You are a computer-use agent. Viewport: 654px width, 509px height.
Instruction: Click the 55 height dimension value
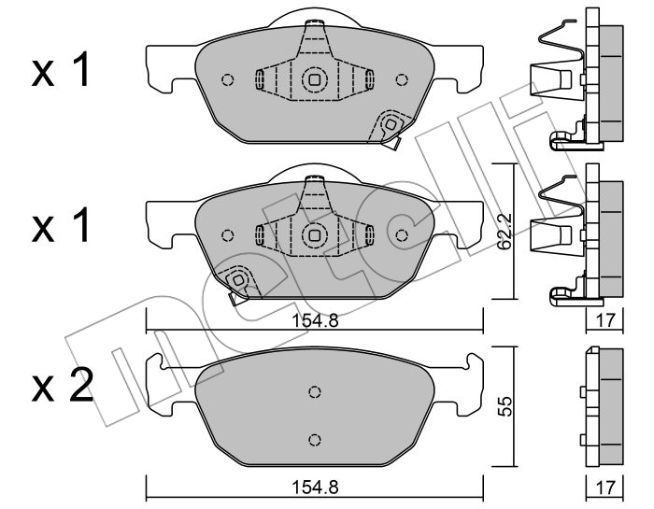(504, 407)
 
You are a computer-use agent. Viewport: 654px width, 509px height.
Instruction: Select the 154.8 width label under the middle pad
(315, 320)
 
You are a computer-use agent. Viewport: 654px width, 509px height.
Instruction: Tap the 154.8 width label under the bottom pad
(315, 487)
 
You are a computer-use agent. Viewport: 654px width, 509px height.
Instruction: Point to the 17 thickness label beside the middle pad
(605, 320)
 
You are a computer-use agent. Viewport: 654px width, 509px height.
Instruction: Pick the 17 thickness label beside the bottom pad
(605, 487)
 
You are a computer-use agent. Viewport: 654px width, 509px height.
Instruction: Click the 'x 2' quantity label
(62, 386)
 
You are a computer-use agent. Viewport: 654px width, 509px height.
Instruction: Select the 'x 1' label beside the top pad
(61, 70)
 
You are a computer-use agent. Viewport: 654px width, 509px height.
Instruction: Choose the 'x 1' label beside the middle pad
(61, 225)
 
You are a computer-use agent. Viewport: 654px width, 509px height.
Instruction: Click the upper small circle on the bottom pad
(315, 392)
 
